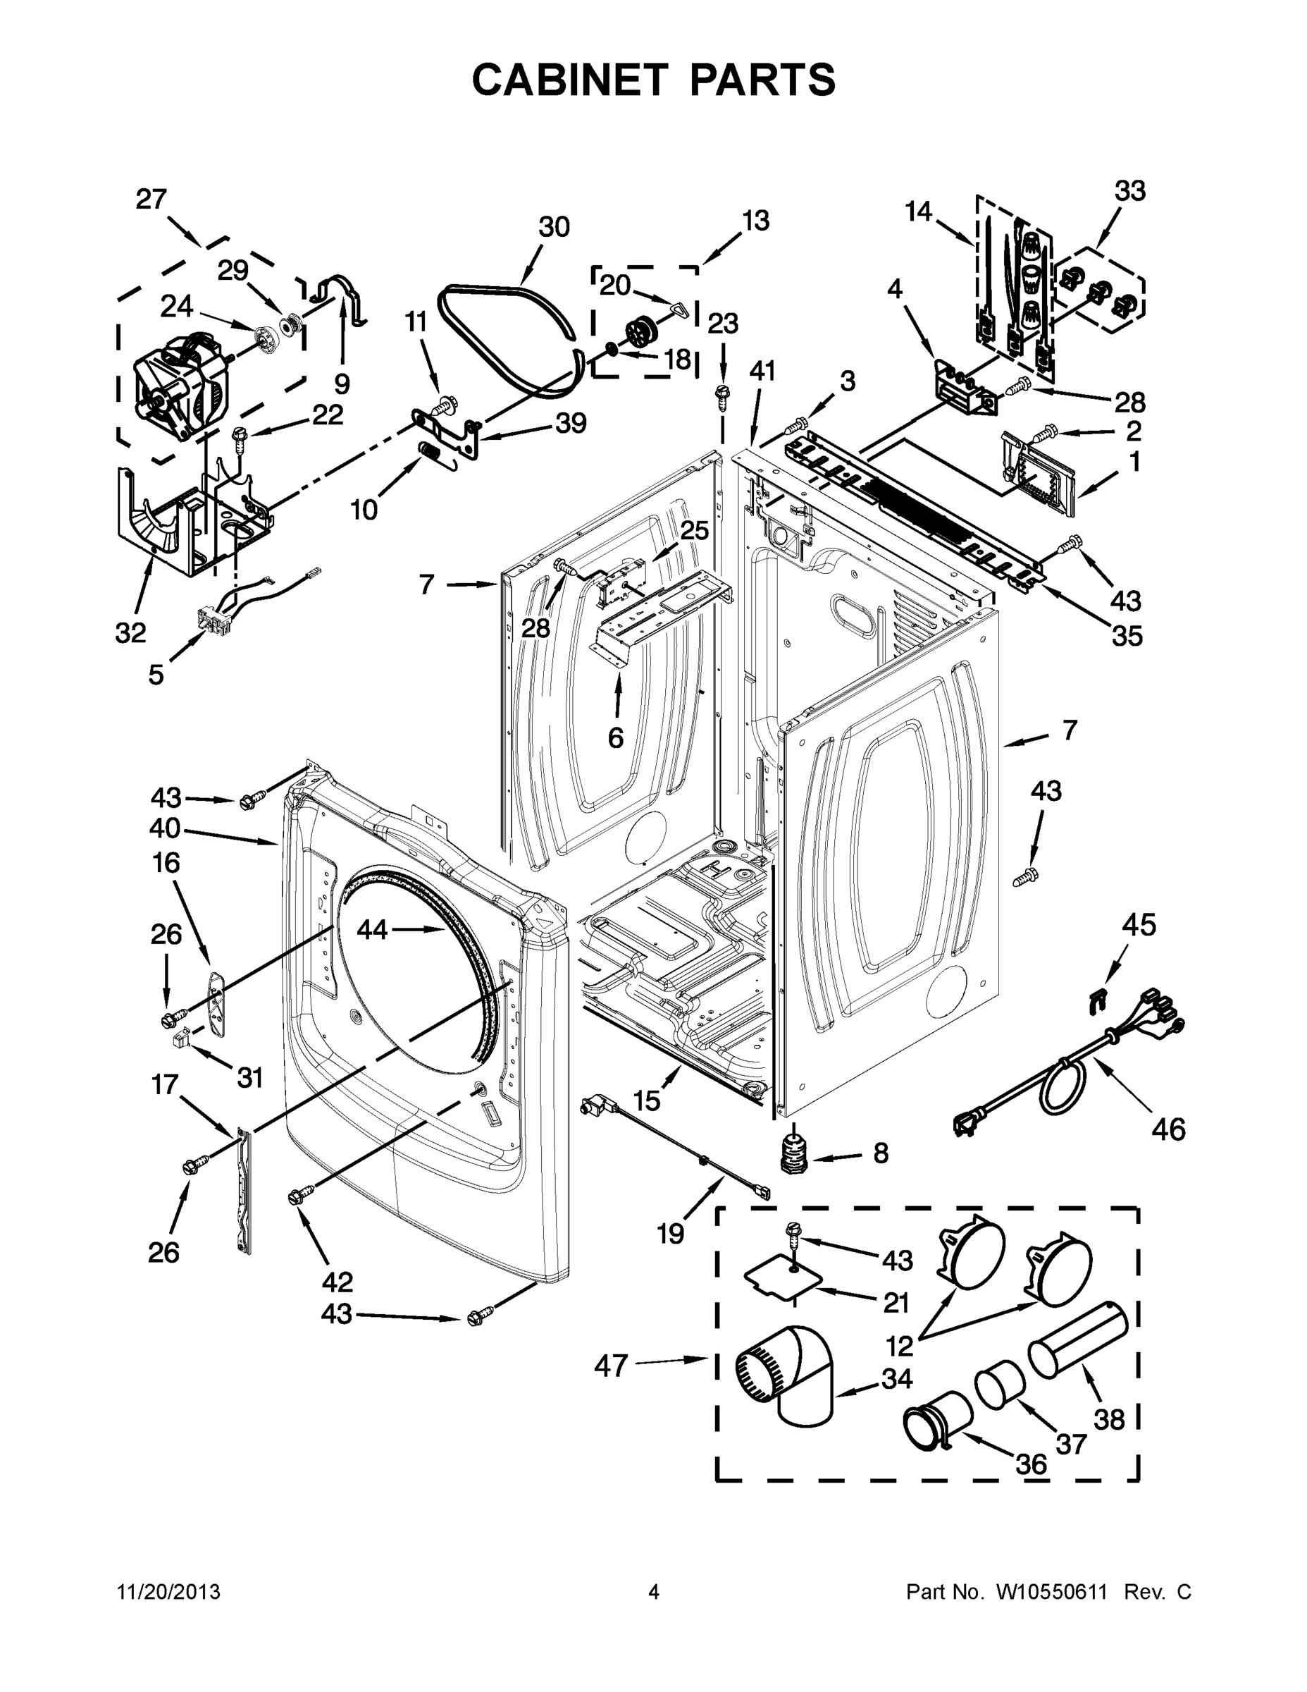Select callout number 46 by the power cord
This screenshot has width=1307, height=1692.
click(x=1167, y=1129)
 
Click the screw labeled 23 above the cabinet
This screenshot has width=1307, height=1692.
click(x=722, y=391)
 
